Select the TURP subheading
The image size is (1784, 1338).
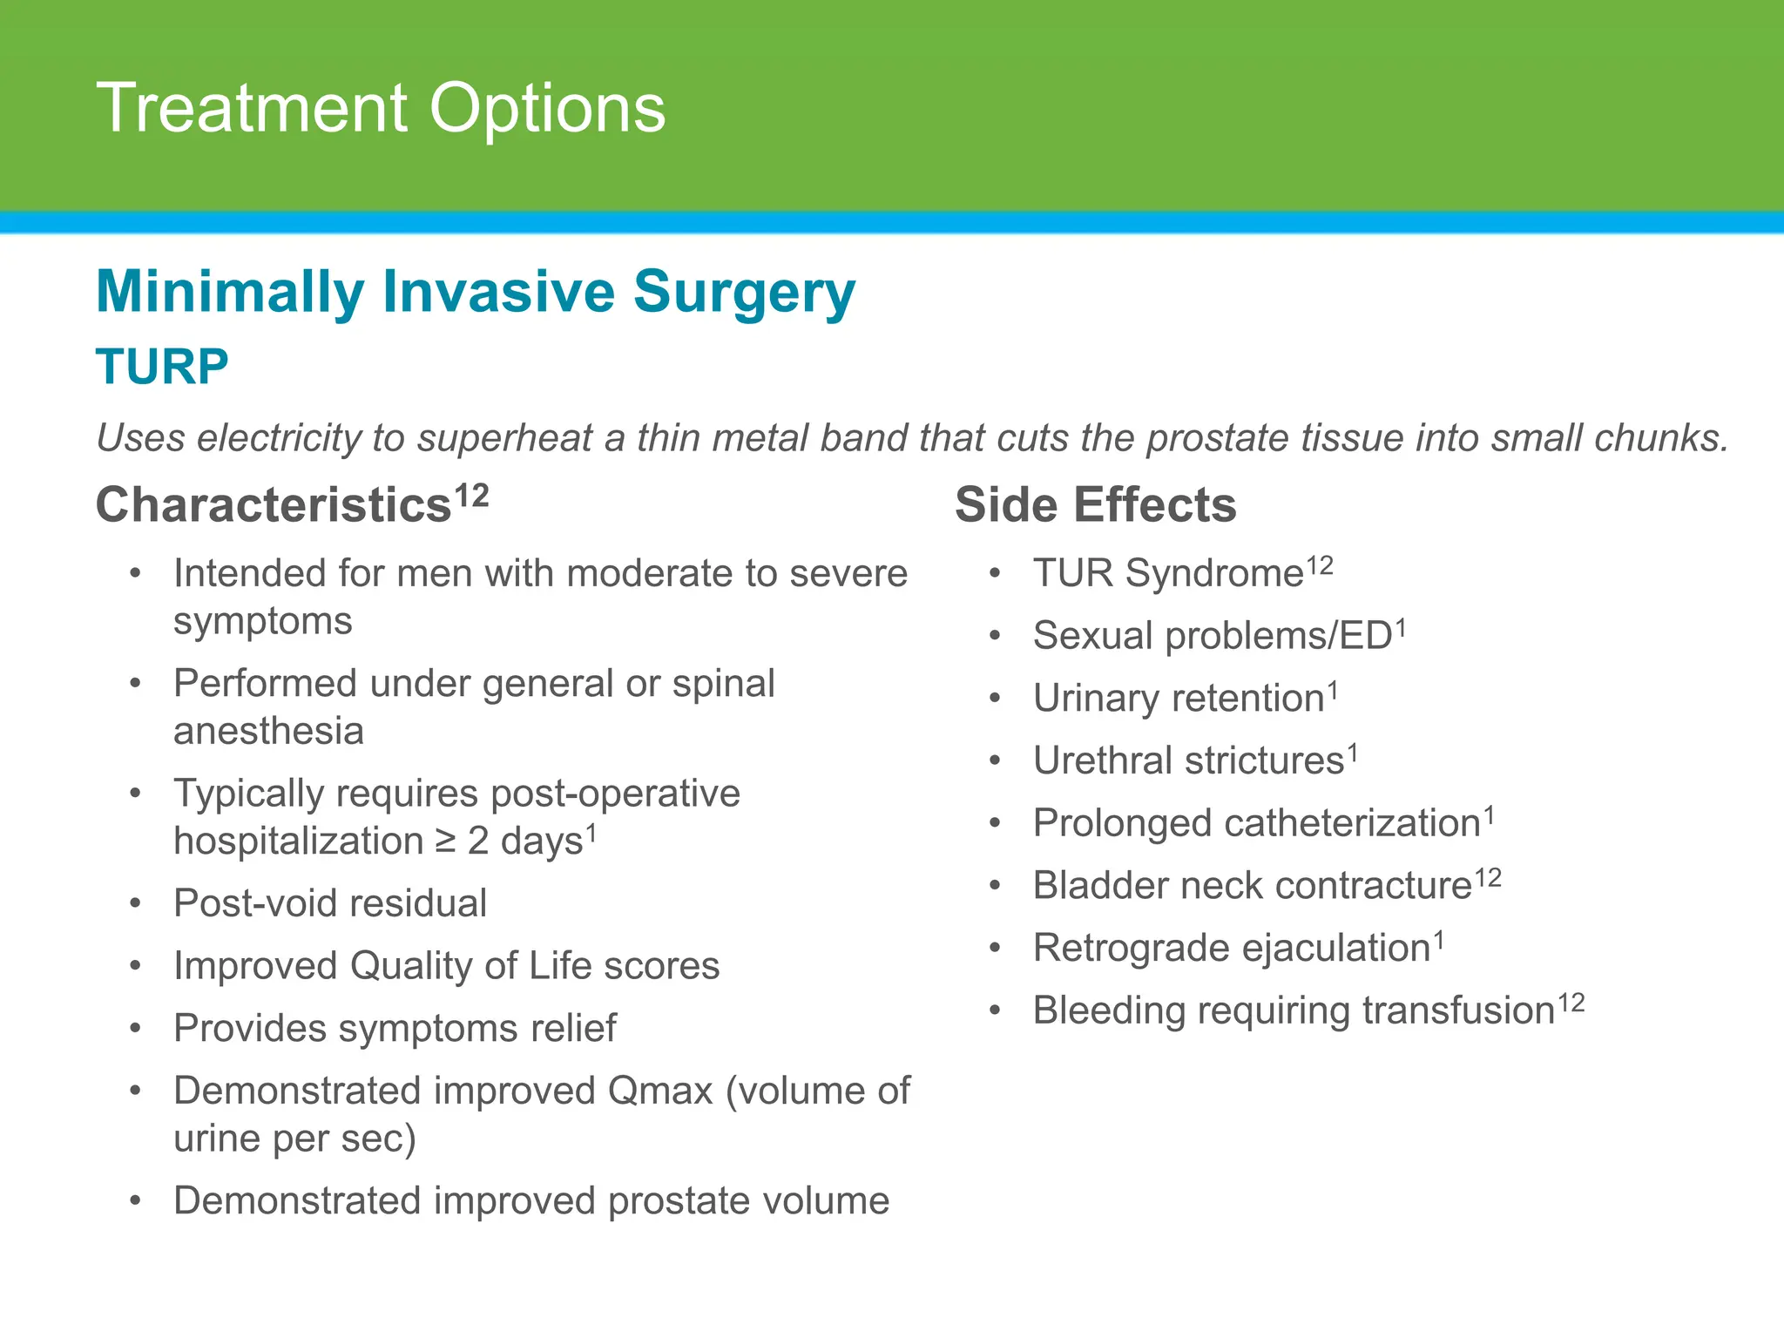[162, 367]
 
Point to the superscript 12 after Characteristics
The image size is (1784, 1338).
[471, 496]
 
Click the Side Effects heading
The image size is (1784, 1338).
[1095, 504]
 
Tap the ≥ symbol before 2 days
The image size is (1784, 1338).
[445, 841]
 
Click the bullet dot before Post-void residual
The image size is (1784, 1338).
[135, 903]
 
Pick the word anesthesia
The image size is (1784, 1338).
[268, 731]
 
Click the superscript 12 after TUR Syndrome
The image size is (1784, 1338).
[1320, 566]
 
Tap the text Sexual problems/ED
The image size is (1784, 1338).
[1213, 636]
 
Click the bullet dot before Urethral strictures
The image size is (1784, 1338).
[996, 760]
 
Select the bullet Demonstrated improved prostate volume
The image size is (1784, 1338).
[531, 1201]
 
